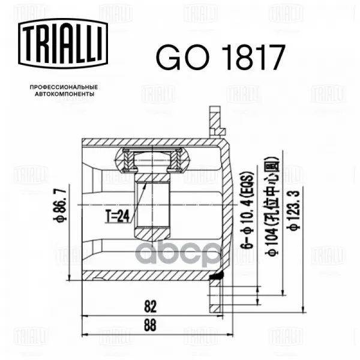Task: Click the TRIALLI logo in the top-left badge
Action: (63, 43)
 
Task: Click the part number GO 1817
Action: (220, 58)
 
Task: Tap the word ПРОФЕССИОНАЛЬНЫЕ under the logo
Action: (64, 87)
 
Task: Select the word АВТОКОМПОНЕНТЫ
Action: (65, 94)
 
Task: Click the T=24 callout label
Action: (118, 216)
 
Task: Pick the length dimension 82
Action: (151, 307)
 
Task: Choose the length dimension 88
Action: (150, 325)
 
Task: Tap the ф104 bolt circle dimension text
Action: (273, 206)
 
